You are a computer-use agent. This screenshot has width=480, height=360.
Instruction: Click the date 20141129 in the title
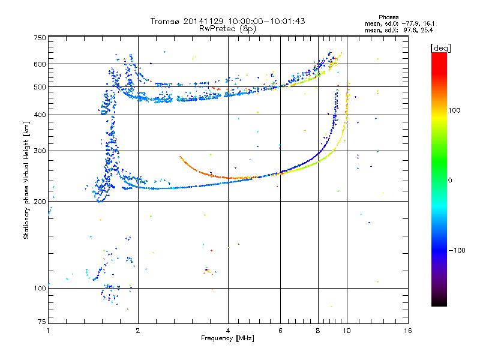(x=203, y=21)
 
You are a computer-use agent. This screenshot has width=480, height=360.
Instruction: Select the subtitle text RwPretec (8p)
(x=227, y=29)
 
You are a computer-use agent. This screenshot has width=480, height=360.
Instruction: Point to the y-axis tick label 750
(x=40, y=38)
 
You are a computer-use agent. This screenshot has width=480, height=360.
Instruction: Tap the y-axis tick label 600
(x=40, y=64)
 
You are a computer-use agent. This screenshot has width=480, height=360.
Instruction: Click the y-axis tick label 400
(x=40, y=115)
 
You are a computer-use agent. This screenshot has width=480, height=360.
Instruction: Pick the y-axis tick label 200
(x=40, y=202)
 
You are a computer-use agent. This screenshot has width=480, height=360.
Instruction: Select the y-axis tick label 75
(x=42, y=322)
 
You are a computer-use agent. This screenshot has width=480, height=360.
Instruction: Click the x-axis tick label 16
(x=408, y=331)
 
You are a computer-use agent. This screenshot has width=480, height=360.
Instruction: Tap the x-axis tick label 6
(x=280, y=331)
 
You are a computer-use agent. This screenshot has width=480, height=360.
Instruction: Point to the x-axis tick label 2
(x=138, y=331)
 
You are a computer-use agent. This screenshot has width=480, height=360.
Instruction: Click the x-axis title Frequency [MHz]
(x=227, y=338)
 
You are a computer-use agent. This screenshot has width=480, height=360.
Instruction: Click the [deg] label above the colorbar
(x=440, y=48)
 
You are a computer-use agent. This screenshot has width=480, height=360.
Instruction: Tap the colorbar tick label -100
(x=457, y=250)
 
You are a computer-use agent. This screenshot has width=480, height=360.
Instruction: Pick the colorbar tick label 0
(x=450, y=181)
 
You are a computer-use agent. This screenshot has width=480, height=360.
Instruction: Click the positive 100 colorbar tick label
(x=454, y=110)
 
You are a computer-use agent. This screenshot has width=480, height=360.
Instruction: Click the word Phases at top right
(x=388, y=17)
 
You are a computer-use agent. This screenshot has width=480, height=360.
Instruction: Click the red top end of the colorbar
(x=439, y=54)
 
